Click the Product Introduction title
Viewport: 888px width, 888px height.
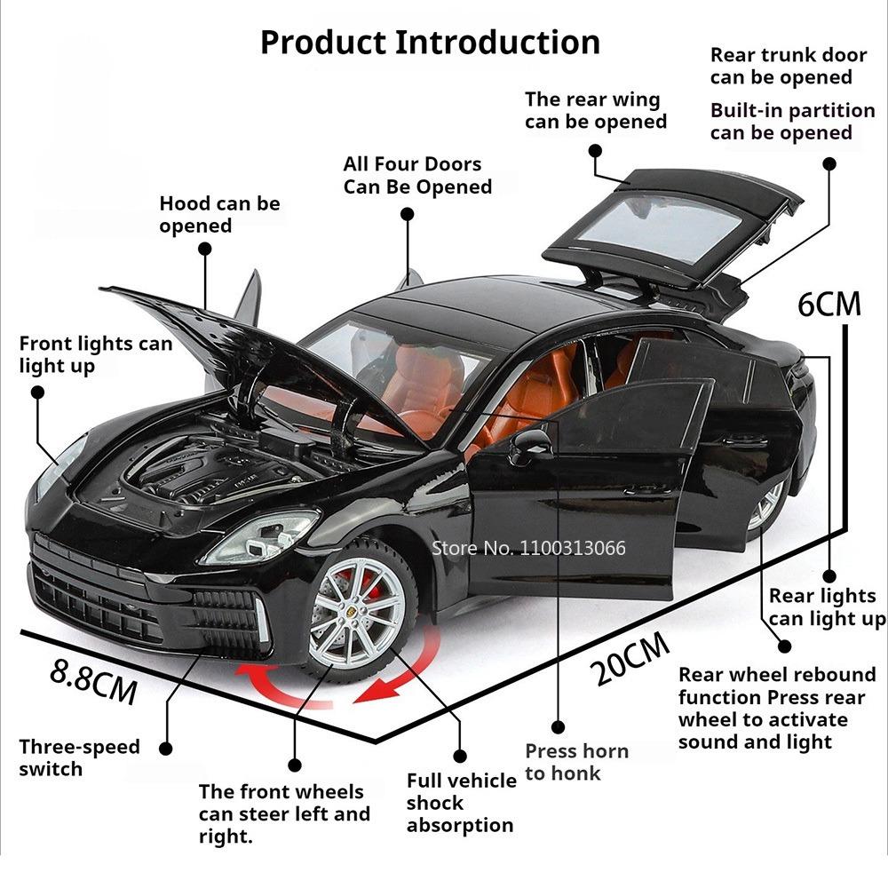click(430, 42)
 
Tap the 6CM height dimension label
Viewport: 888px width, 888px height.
click(829, 304)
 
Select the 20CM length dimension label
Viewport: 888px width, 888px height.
click(631, 662)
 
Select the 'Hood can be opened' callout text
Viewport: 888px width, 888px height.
click(219, 214)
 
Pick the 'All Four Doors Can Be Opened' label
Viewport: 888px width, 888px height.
click(417, 175)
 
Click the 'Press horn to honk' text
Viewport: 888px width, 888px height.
click(576, 762)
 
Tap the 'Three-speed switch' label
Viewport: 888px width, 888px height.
click(79, 757)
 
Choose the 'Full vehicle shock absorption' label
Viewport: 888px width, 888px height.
click(461, 803)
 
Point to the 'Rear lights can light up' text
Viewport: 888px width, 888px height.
click(826, 607)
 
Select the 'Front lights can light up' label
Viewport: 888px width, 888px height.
click(95, 354)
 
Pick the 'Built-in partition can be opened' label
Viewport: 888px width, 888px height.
click(792, 122)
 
